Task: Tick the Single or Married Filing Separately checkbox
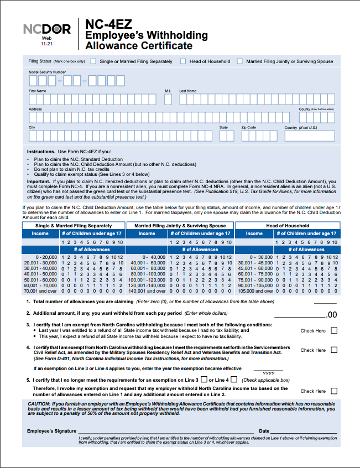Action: [x=93, y=61]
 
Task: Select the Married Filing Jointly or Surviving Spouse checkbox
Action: [x=239, y=61]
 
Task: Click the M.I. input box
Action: [x=168, y=99]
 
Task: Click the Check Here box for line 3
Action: [x=334, y=331]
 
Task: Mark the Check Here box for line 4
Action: [x=334, y=350]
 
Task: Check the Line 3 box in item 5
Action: [x=205, y=379]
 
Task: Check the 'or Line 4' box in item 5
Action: [x=234, y=379]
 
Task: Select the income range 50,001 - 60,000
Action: [x=37, y=280]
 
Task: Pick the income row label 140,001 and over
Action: [x=147, y=291]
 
